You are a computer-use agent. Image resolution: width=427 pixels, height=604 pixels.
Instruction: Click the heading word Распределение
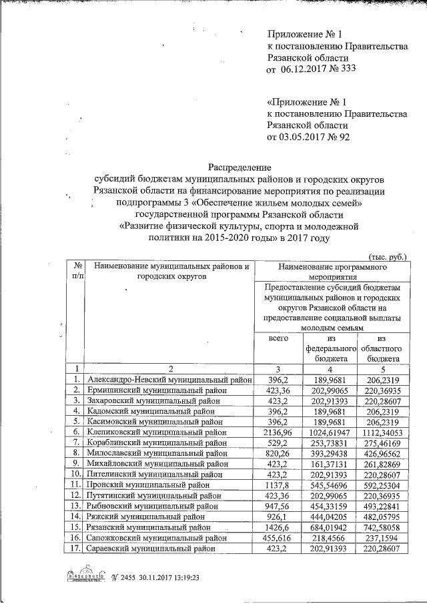coord(239,166)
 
